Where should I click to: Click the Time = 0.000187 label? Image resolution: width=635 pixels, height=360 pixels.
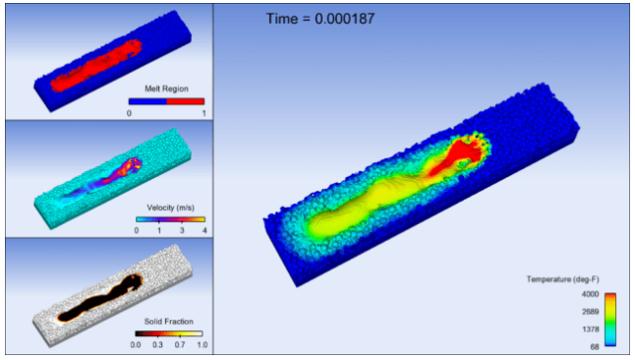[x=320, y=19]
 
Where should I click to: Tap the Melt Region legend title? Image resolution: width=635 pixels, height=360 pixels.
[x=166, y=89]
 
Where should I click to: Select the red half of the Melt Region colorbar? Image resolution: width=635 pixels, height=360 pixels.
[x=186, y=101]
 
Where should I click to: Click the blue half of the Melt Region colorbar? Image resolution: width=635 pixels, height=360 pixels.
[x=147, y=101]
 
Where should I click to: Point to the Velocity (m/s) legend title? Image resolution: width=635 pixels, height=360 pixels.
[x=170, y=208]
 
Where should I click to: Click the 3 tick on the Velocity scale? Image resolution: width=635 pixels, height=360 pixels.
[x=182, y=230]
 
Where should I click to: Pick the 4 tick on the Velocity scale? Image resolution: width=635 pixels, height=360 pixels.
[x=204, y=230]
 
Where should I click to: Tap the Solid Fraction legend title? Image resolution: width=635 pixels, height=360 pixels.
[x=168, y=321]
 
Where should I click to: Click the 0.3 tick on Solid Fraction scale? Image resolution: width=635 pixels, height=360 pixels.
[x=157, y=344]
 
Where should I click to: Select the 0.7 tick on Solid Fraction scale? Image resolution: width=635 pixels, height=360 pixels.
[x=180, y=344]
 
